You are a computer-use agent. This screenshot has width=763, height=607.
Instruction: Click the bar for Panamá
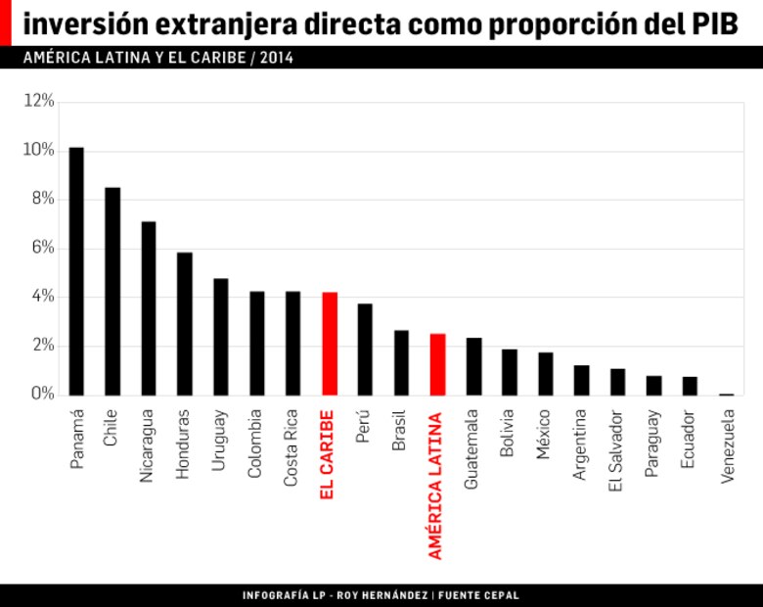[x=76, y=271]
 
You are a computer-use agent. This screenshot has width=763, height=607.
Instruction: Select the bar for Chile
[x=112, y=291]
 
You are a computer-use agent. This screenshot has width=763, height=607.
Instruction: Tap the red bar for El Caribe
[x=329, y=344]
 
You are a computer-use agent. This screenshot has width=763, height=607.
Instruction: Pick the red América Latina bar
[x=437, y=364]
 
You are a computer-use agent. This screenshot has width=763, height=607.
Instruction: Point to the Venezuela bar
[x=726, y=394]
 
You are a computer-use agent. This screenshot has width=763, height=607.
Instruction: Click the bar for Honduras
[x=185, y=324]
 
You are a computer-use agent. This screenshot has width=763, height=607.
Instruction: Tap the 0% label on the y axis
[x=39, y=395]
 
